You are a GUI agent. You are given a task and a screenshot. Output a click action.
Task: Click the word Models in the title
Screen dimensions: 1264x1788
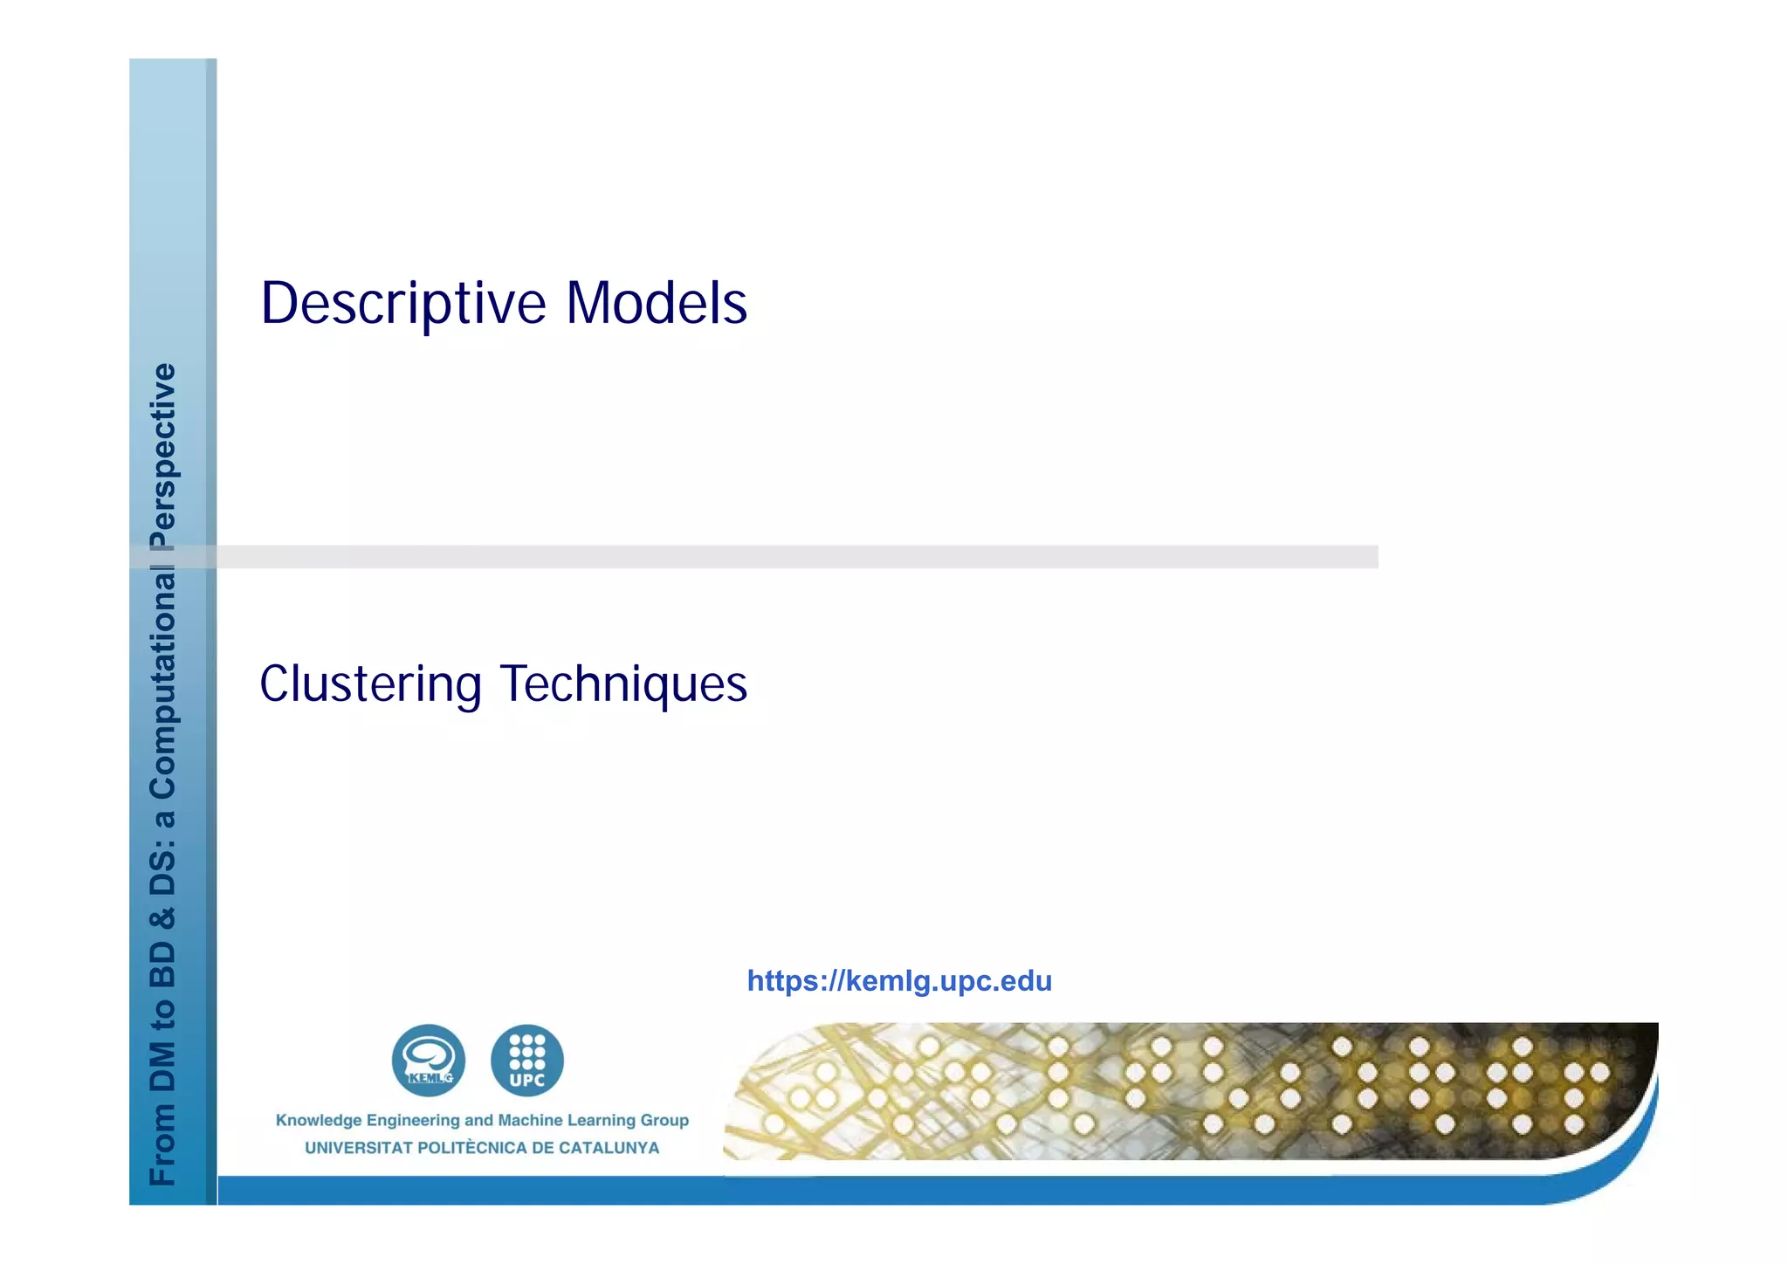click(657, 304)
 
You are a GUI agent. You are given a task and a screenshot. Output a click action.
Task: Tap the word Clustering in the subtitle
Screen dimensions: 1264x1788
click(370, 684)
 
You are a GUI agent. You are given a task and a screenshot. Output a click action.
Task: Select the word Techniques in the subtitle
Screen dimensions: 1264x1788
click(623, 684)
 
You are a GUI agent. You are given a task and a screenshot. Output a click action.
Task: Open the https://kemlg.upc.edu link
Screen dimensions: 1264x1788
click(899, 981)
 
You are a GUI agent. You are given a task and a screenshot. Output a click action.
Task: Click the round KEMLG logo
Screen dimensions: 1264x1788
click(428, 1061)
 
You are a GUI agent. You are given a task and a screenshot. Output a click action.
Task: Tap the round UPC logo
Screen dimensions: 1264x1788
click(527, 1061)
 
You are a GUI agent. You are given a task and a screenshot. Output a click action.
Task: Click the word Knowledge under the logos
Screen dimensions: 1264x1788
click(319, 1120)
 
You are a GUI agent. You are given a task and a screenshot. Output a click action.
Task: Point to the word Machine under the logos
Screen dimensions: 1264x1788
click(530, 1120)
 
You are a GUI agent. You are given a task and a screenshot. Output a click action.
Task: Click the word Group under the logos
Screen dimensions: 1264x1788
click(664, 1120)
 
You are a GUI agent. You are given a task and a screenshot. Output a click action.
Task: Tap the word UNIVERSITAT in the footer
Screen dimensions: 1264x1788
click(358, 1148)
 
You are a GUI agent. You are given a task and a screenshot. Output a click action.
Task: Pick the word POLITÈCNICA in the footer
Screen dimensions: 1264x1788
click(472, 1148)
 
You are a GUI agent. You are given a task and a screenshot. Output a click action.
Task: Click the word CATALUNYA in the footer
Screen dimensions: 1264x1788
click(609, 1148)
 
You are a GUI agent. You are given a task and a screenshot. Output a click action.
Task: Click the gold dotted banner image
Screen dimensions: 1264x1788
click(1187, 1091)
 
